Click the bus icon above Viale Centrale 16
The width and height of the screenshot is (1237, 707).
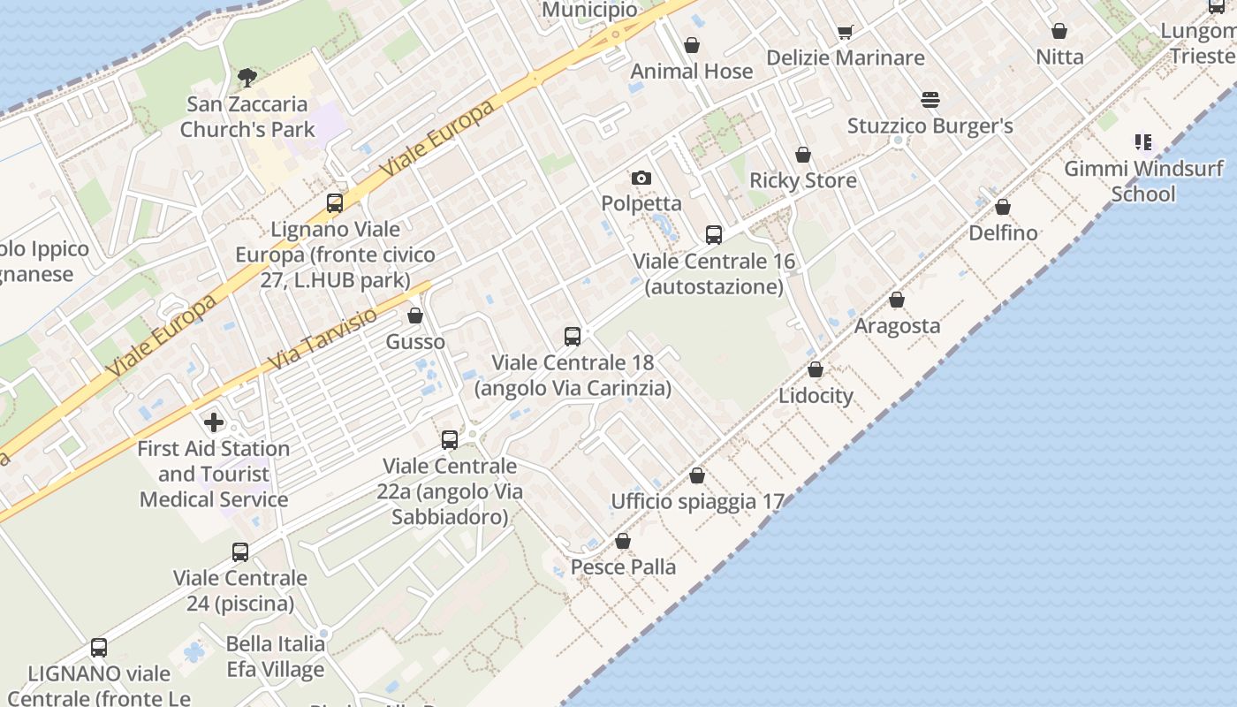tap(714, 235)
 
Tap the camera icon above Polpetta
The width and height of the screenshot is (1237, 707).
tap(641, 179)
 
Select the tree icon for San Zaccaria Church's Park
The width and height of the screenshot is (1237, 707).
tap(247, 78)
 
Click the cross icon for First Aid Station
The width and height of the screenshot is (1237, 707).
tap(214, 422)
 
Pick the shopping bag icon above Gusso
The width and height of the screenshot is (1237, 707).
tap(415, 315)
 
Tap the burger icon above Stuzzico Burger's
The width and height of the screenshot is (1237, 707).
tap(930, 100)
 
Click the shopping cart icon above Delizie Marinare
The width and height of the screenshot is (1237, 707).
tap(846, 33)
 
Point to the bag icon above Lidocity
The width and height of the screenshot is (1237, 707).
tap(816, 369)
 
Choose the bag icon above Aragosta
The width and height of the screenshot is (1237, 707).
tap(897, 300)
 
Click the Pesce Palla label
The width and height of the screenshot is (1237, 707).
tap(624, 566)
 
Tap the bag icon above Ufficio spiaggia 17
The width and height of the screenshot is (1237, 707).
tap(697, 475)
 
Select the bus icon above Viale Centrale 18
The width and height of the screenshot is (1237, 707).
tap(573, 337)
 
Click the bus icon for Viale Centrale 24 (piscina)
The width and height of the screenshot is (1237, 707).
tap(240, 553)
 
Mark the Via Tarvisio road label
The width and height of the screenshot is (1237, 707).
tap(323, 338)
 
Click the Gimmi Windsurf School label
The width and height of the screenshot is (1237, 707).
tap(1143, 181)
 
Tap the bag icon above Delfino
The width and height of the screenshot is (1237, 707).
tap(1003, 208)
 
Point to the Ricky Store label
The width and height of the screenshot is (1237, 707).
tap(803, 180)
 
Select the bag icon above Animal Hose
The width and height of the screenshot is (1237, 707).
tap(692, 45)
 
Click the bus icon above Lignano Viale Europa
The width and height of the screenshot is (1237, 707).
tap(335, 203)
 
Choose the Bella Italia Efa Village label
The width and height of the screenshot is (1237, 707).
tap(276, 657)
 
